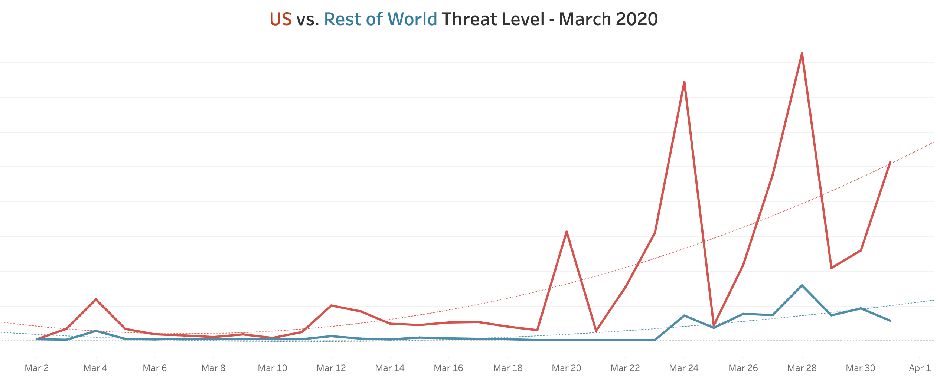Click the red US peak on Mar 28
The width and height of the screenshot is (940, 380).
(802, 54)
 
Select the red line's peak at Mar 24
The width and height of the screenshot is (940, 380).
(684, 82)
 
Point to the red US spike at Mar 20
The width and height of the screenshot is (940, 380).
(567, 232)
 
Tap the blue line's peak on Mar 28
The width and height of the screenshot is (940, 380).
(802, 285)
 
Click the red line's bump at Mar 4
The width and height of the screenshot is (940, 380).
(96, 299)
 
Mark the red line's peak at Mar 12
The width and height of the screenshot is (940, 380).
(331, 305)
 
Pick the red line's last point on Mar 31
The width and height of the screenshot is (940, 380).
(890, 162)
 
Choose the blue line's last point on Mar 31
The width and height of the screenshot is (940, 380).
(890, 321)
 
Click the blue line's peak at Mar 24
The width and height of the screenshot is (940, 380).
(684, 315)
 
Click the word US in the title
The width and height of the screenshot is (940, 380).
(280, 19)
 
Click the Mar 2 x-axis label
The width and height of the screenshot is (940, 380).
(37, 368)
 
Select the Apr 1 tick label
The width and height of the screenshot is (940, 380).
(920, 368)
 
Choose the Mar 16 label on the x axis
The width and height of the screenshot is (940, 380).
(448, 368)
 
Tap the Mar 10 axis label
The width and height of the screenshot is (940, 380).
(272, 368)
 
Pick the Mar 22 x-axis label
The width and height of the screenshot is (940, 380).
(625, 368)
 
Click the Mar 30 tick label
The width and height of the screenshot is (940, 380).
(861, 368)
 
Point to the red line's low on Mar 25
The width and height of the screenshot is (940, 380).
(714, 325)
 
